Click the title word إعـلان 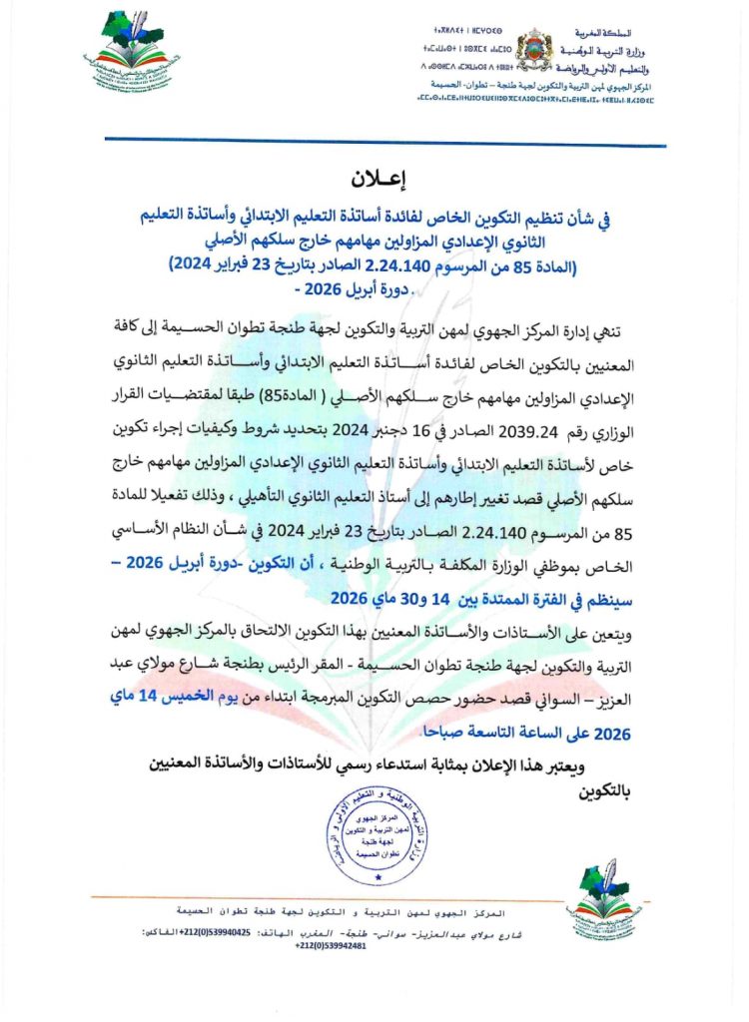tap(374, 180)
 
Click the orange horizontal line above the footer tap(330, 894)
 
